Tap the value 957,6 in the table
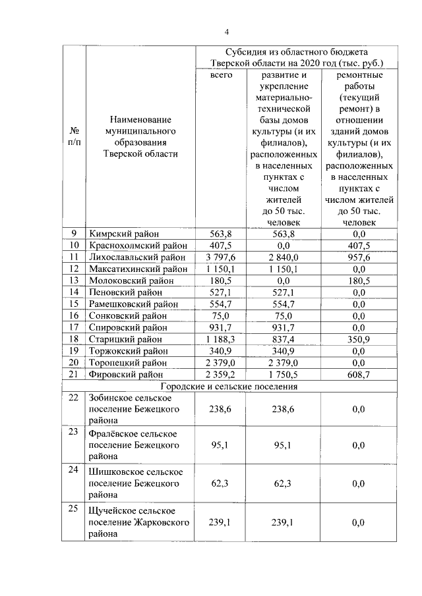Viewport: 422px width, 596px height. coord(359,257)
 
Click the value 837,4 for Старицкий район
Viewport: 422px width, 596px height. coord(285,339)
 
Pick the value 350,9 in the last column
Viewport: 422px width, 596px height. coord(359,339)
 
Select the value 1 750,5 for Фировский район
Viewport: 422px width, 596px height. coord(285,374)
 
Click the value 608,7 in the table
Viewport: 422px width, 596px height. coord(359,374)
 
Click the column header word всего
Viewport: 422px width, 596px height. coord(221,75)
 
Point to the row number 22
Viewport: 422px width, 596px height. coord(73,398)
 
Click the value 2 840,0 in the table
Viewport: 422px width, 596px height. coord(285,257)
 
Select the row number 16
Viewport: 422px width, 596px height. coord(73,315)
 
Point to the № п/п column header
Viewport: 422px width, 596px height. coord(75,136)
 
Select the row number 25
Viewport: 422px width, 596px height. coord(73,508)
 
